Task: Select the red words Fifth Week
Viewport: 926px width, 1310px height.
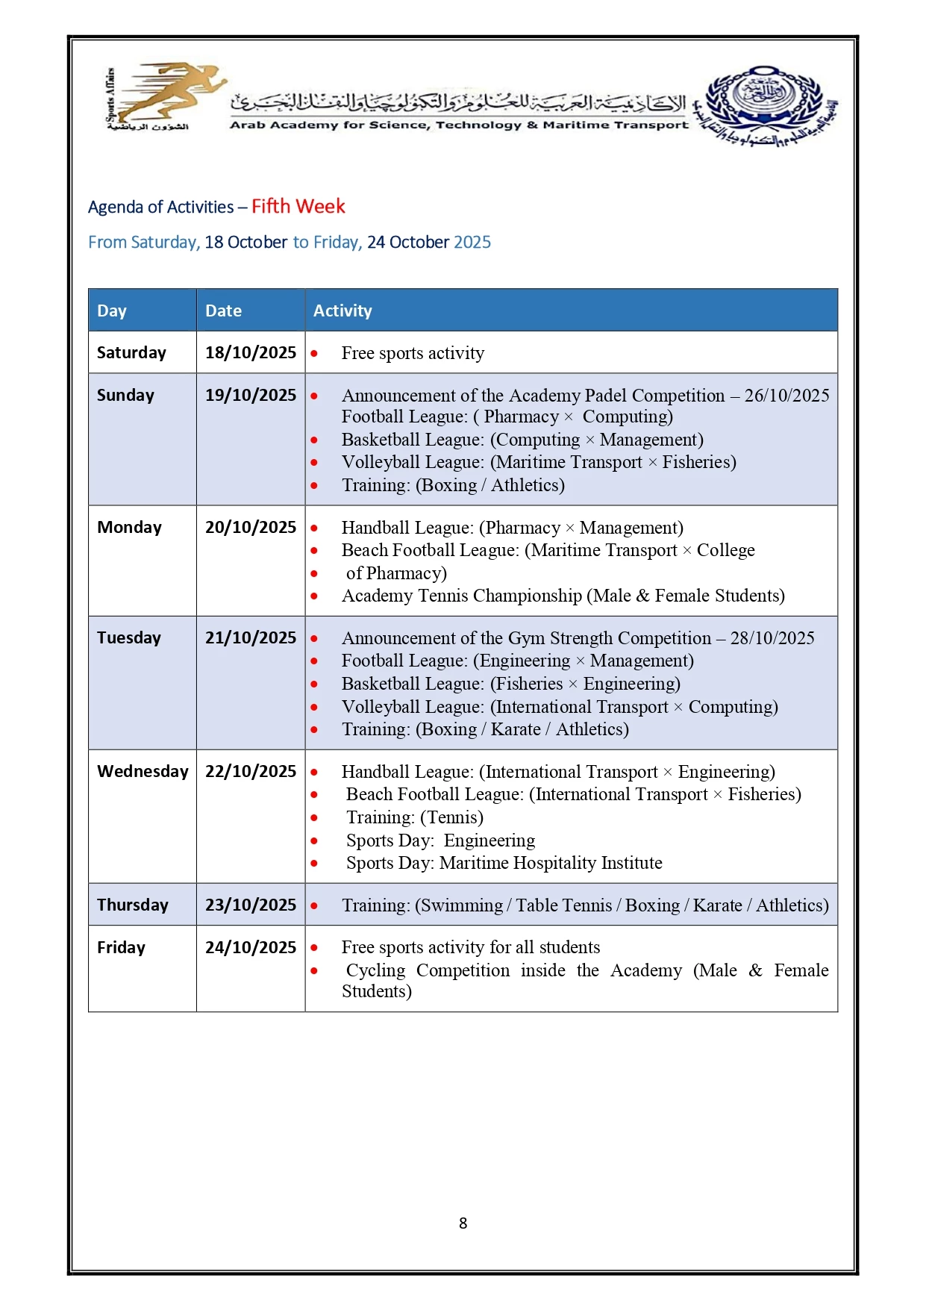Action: click(x=298, y=207)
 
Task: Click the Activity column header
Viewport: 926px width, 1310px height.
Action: click(x=342, y=311)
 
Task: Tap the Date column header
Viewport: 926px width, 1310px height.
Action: click(x=223, y=311)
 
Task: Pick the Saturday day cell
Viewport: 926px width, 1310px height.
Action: click(x=131, y=352)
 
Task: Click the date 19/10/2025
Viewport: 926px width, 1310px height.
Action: click(x=251, y=395)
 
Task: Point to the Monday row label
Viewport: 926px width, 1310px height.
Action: click(x=129, y=527)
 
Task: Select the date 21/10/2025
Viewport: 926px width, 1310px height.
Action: click(x=251, y=637)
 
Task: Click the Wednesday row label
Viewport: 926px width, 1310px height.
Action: click(x=143, y=771)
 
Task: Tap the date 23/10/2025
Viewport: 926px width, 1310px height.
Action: click(x=251, y=905)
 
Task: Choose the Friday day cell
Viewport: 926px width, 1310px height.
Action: click(x=121, y=947)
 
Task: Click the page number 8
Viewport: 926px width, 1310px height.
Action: click(x=463, y=1223)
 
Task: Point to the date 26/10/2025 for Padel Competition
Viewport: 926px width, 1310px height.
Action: click(x=786, y=395)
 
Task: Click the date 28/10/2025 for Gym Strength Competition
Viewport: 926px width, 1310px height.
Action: click(x=772, y=637)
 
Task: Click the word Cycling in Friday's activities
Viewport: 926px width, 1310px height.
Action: click(x=375, y=970)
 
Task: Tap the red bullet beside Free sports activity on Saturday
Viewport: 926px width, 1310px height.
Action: click(x=314, y=353)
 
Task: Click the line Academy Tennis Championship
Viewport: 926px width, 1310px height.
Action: click(x=563, y=595)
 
